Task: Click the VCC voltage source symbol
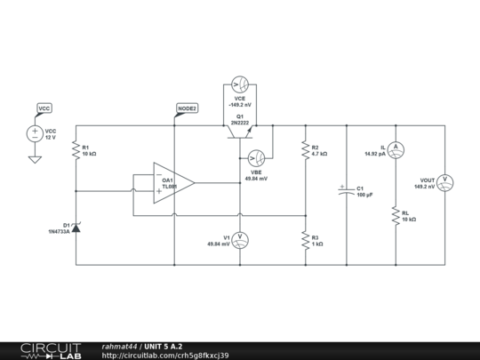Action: pyautogui.click(x=36, y=134)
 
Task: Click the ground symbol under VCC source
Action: pyautogui.click(x=36, y=159)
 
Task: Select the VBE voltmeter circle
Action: pyautogui.click(x=256, y=158)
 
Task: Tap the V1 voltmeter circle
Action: pyautogui.click(x=239, y=240)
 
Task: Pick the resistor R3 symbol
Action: pyautogui.click(x=305, y=240)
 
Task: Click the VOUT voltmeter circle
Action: pyautogui.click(x=446, y=183)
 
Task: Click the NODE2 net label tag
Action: pyautogui.click(x=187, y=108)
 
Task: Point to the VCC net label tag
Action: pyautogui.click(x=44, y=108)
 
